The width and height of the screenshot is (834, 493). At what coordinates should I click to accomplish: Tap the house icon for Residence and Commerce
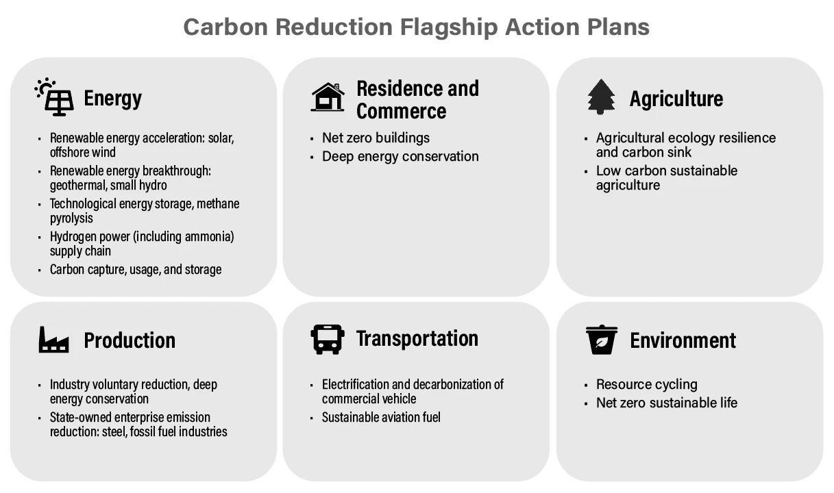click(x=328, y=97)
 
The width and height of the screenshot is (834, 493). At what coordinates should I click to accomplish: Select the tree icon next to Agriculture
click(x=601, y=97)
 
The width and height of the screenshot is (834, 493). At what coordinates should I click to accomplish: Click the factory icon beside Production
click(x=53, y=340)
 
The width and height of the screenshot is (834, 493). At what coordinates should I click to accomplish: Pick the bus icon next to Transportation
click(x=328, y=339)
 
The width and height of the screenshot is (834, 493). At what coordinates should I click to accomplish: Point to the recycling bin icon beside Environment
click(x=601, y=340)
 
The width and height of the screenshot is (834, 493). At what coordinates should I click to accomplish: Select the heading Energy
click(x=112, y=99)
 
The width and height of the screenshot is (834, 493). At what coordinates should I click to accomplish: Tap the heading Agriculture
click(x=676, y=99)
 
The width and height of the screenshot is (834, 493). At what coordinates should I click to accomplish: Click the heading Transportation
click(x=417, y=338)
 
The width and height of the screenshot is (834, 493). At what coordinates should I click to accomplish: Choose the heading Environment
click(x=683, y=340)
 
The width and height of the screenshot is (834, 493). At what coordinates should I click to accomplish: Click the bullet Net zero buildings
click(x=376, y=138)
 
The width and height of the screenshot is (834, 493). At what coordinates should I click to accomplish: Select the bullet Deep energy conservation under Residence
click(x=400, y=156)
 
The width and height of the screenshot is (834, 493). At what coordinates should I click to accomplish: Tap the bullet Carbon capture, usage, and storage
click(x=135, y=269)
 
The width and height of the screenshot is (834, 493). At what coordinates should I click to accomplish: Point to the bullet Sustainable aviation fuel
click(x=381, y=417)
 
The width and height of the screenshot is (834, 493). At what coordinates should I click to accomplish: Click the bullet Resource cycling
click(x=646, y=384)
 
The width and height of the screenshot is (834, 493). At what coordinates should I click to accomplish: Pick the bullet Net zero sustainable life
click(x=666, y=403)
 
